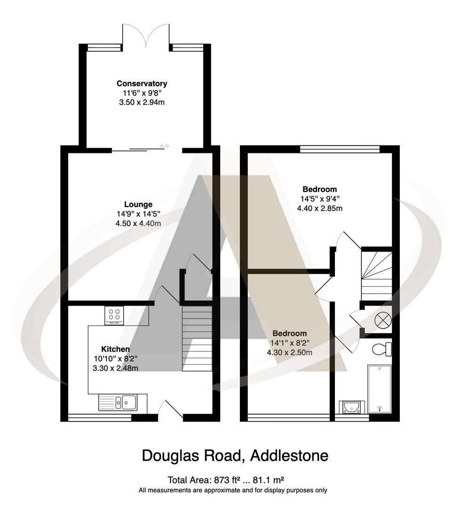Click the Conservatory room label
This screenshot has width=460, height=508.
[142, 84]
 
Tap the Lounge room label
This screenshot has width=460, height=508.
[138, 205]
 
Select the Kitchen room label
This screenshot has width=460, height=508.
[116, 349]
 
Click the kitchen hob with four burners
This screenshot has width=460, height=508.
[114, 315]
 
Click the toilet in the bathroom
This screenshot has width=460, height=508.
[381, 349]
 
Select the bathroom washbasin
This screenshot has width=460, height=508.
[350, 406]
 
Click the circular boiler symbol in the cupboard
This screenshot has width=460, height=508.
[381, 320]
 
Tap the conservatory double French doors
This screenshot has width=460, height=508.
[146, 35]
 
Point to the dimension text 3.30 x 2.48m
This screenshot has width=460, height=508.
[116, 368]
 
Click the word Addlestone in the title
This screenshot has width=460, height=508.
[289, 455]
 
